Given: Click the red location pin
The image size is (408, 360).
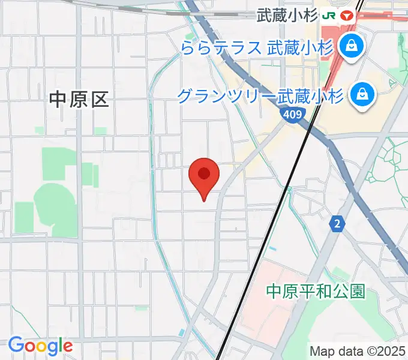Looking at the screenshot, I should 204,175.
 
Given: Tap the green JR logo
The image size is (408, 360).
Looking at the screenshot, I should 329,16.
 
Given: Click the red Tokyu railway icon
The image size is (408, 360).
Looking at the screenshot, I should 346,16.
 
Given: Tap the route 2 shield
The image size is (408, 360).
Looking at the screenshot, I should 338,224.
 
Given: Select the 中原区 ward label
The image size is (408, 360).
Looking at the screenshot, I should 79,100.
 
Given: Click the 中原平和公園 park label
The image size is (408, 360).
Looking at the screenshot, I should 316,292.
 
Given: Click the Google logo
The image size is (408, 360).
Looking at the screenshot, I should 40,346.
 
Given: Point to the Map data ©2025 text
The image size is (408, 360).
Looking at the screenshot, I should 358,350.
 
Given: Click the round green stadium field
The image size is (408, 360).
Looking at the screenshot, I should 55,204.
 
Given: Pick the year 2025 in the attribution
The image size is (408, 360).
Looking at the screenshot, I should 392,350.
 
